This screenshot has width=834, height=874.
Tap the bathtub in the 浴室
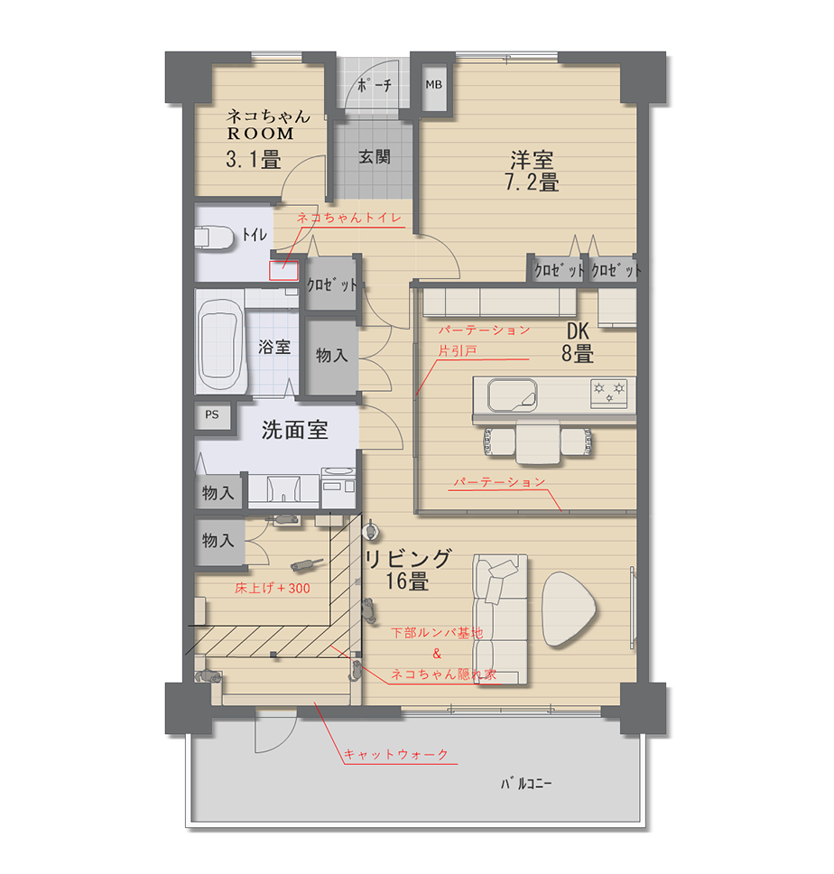[x=220, y=345]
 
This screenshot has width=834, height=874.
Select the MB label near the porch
[x=433, y=85]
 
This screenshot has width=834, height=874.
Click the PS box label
[x=212, y=414]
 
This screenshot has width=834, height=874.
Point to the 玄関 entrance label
[x=375, y=156]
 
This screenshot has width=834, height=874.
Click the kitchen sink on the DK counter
[x=513, y=395]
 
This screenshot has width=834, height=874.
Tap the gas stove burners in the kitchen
[x=609, y=390]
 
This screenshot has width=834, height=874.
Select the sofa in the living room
[x=500, y=618]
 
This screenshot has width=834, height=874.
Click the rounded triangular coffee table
[x=568, y=609]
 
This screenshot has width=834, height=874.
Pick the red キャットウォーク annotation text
[x=396, y=754]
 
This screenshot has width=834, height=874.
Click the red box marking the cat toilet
[x=283, y=270]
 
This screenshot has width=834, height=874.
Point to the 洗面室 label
[x=295, y=430]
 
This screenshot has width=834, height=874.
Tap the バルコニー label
[x=526, y=783]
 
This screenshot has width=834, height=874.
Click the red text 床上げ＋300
[x=273, y=588]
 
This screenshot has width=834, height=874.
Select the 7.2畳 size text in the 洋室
[x=532, y=182]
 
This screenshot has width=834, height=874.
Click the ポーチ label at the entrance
[x=375, y=85]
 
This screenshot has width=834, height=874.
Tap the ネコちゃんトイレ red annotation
[x=349, y=218]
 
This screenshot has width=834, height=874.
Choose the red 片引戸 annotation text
[x=458, y=351]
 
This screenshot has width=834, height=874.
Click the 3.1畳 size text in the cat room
[x=254, y=160]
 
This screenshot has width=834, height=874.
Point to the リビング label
[x=408, y=559]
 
